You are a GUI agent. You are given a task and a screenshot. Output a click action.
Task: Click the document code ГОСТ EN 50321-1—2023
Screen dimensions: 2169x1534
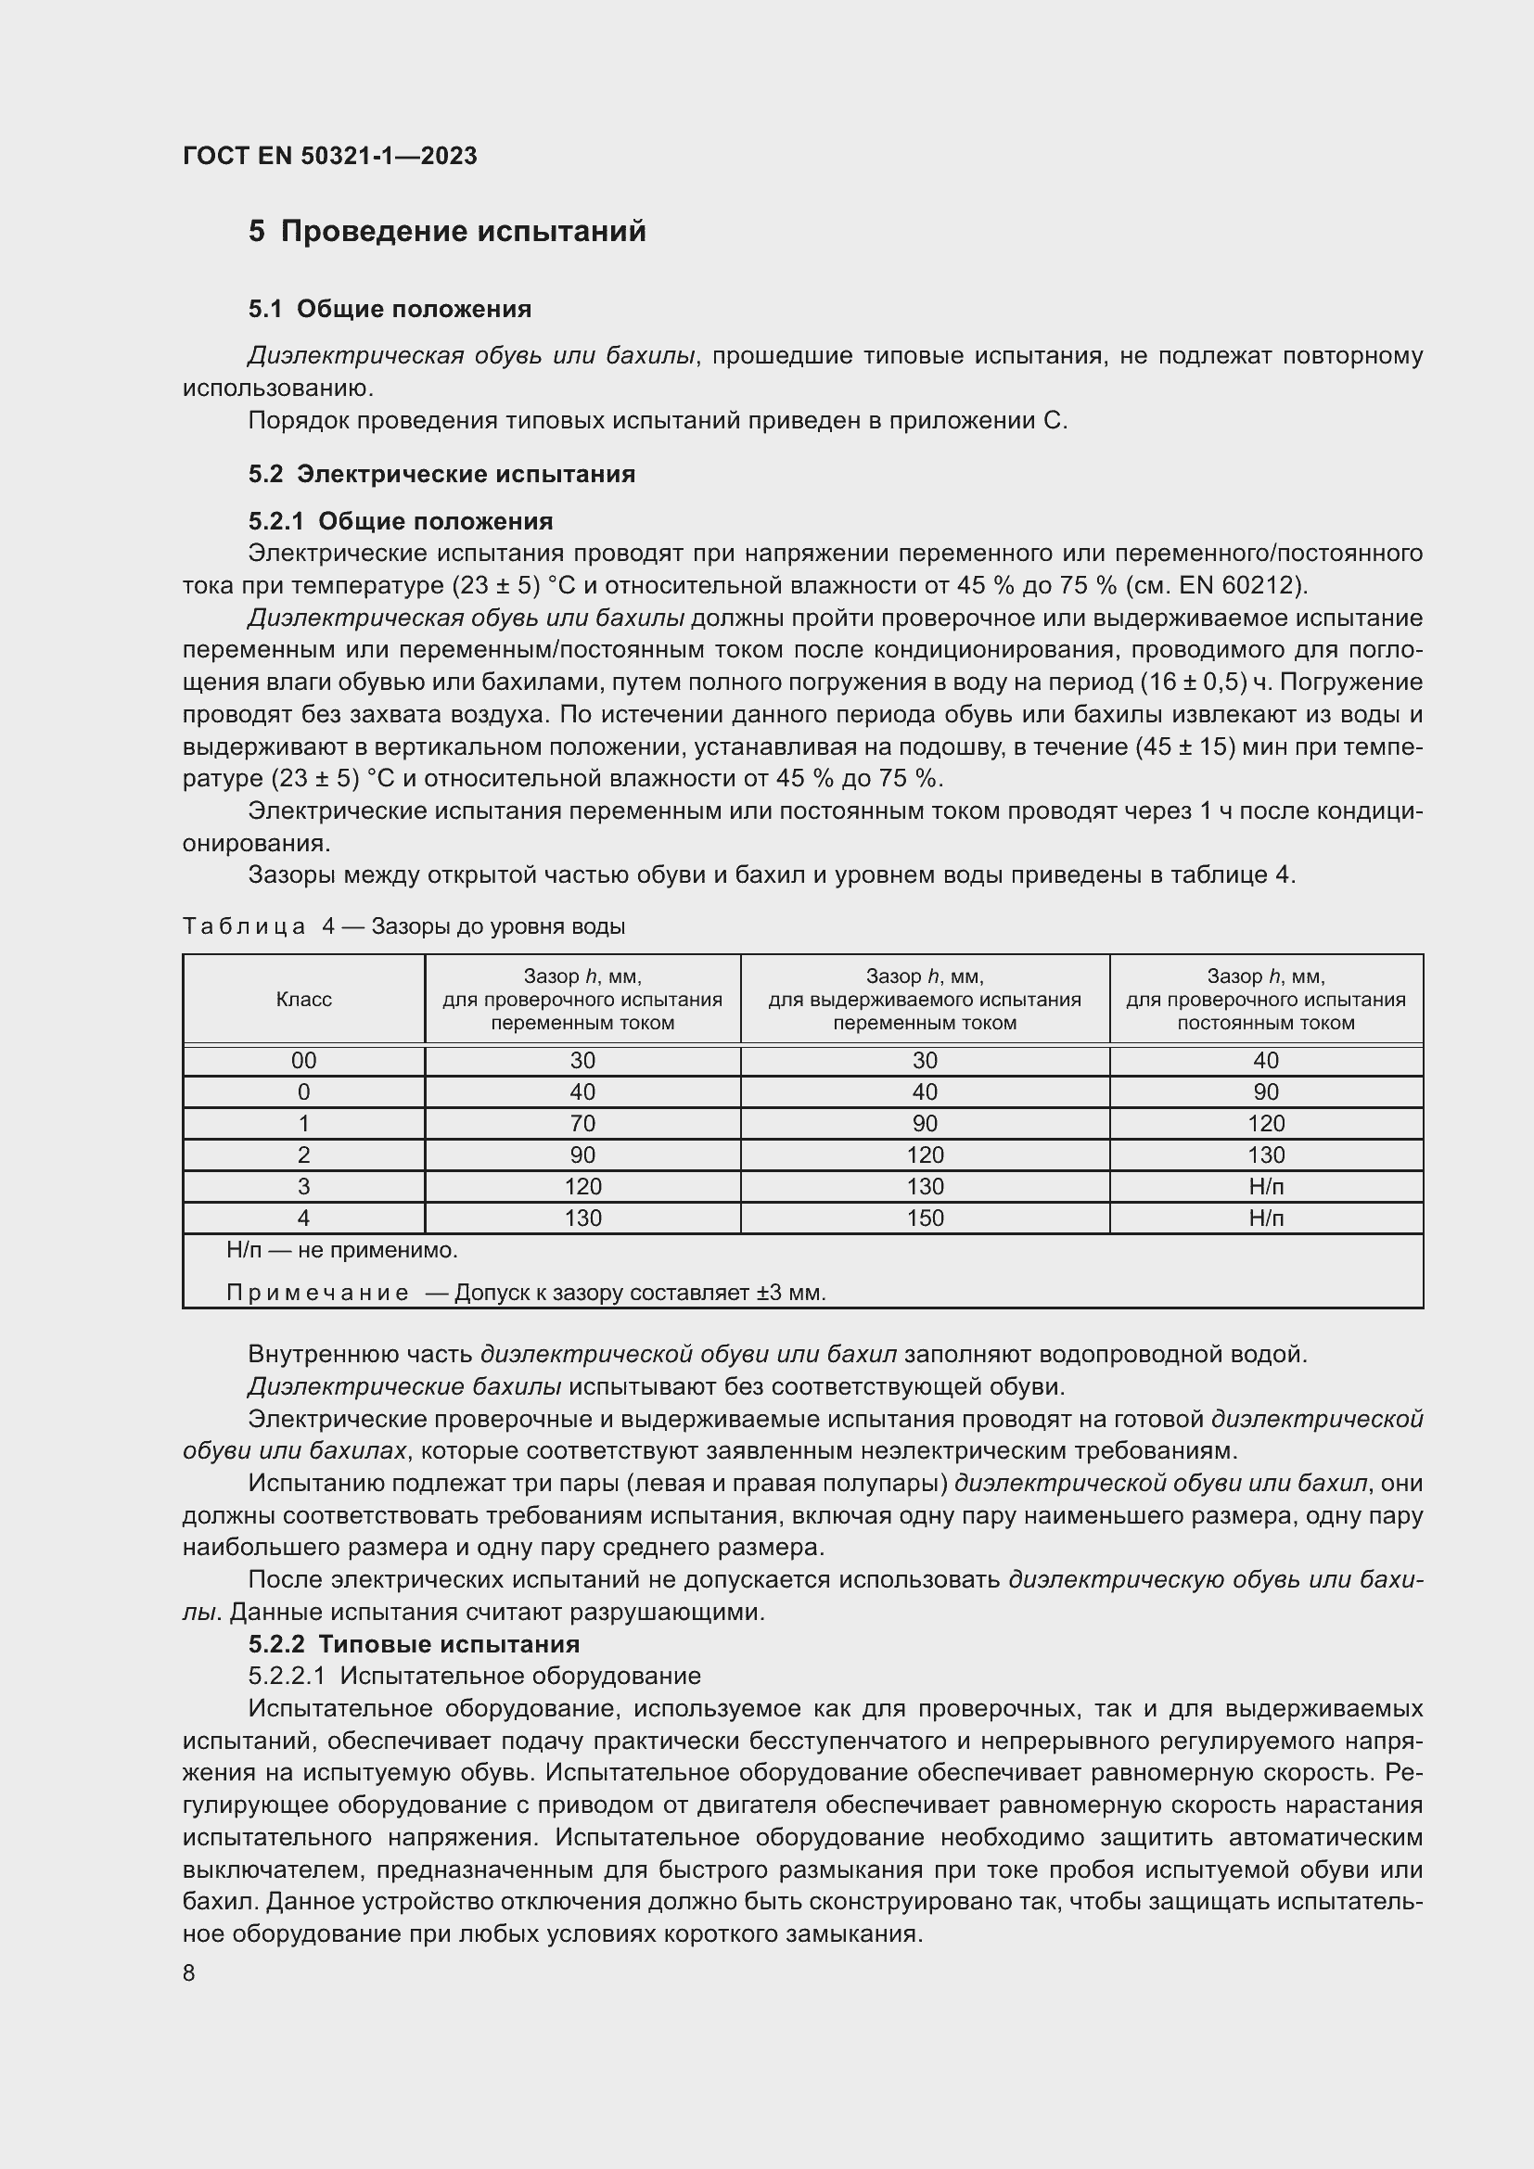point(329,156)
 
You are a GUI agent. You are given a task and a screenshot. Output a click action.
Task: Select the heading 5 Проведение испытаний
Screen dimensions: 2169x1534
point(447,232)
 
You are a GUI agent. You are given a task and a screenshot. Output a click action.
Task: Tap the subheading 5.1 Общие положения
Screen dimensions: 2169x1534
point(390,309)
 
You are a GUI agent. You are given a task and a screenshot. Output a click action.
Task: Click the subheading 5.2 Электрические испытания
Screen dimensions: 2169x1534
point(441,474)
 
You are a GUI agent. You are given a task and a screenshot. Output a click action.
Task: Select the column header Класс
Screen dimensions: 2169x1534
point(303,1000)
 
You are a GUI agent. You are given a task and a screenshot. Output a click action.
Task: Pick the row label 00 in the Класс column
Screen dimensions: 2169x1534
point(303,1061)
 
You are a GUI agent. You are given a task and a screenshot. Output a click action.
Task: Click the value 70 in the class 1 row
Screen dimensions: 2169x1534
point(582,1123)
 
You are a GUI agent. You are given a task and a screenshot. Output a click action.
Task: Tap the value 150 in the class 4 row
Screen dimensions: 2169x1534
point(925,1218)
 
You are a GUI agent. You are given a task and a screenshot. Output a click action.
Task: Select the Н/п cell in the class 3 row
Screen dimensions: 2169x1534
point(1266,1187)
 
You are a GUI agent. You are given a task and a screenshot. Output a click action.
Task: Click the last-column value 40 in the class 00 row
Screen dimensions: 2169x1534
point(1266,1061)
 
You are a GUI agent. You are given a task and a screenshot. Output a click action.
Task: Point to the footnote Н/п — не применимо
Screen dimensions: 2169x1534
point(342,1251)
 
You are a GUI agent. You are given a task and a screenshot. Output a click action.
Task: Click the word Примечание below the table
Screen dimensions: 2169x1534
point(317,1293)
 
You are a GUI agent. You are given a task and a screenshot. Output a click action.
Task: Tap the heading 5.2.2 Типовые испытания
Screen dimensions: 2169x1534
point(414,1645)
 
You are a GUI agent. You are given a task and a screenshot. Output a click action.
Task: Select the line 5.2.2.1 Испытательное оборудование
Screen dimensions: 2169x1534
point(474,1677)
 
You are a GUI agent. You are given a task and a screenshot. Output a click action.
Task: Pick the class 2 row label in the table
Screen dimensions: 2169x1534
point(303,1155)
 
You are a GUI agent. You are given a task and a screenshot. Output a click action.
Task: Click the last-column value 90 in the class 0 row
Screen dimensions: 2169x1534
point(1266,1092)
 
